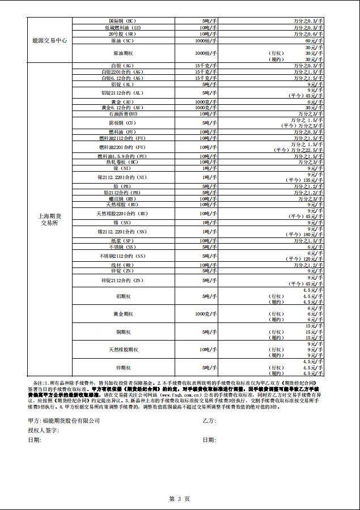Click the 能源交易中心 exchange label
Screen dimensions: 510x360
50,41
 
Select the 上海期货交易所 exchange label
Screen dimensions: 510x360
50,219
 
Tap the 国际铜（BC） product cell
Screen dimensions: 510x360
123,20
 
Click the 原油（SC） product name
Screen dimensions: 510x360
123,41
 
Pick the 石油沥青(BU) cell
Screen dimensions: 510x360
123,114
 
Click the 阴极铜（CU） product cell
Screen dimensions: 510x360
123,122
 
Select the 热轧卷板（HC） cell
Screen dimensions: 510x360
123,162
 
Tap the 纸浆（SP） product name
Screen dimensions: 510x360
123,241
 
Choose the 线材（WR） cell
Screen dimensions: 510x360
123,265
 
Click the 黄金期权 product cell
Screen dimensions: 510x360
123,313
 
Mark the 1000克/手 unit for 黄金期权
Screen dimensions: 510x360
202,313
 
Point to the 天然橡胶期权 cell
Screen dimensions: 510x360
123,350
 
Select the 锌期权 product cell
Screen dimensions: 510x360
123,368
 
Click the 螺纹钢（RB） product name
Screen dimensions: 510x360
123,199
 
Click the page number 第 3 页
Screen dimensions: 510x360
180,499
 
